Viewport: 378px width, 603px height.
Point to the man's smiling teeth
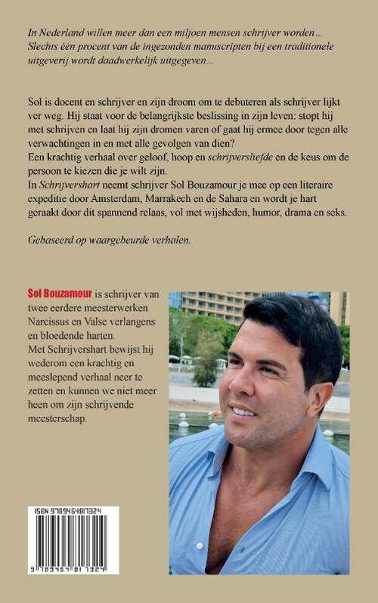coord(243,411)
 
